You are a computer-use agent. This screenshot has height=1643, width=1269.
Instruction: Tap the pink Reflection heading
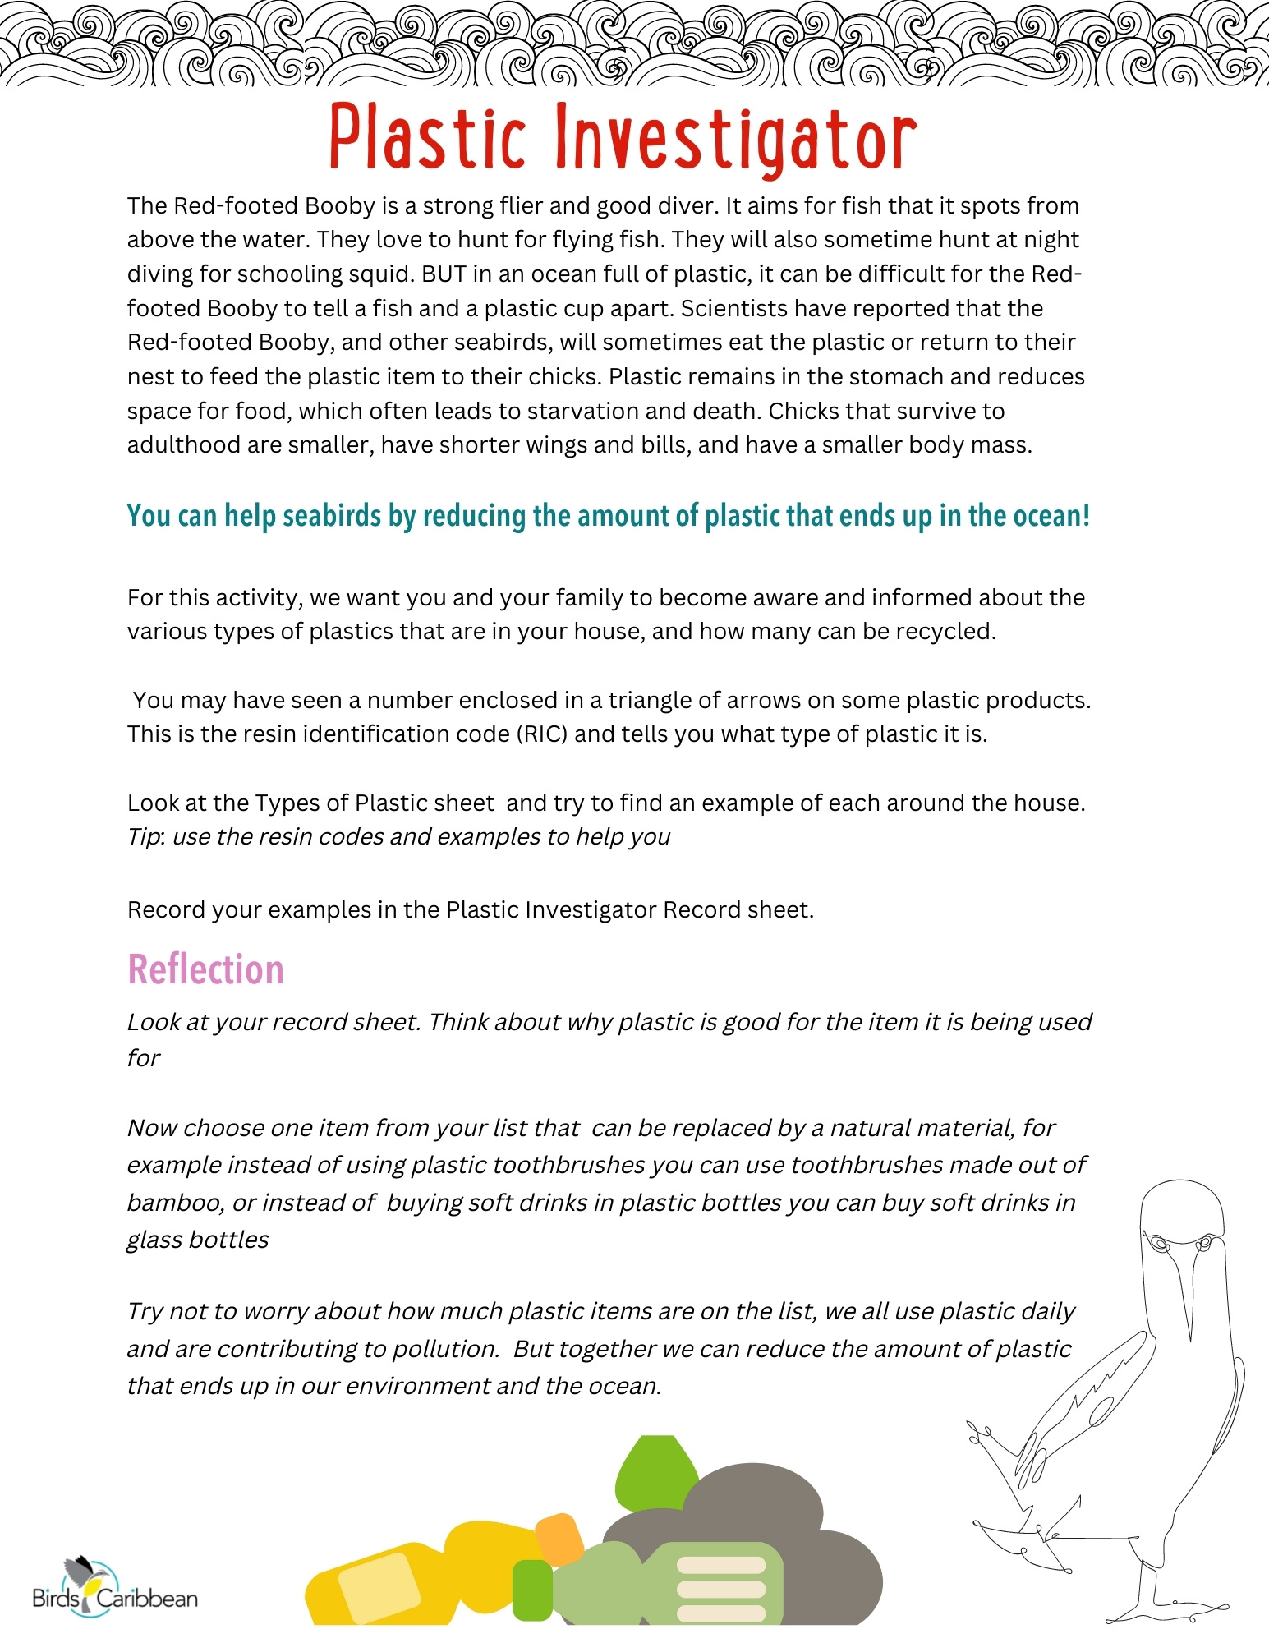pos(205,970)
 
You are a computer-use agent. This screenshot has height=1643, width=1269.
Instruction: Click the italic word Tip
pos(145,836)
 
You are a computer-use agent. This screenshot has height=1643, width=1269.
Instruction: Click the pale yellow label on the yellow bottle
pos(379,1587)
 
